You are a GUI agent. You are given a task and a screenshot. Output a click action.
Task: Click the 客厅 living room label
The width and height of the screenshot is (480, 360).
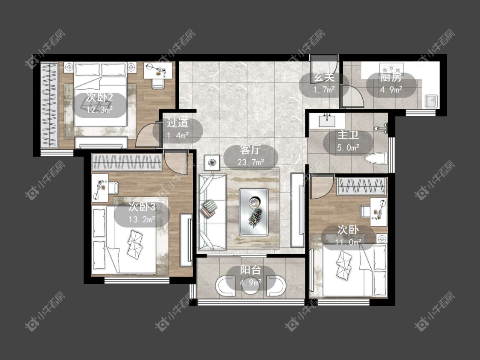(250, 150)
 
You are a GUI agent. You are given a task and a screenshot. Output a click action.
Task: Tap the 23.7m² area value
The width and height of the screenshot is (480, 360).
(251, 162)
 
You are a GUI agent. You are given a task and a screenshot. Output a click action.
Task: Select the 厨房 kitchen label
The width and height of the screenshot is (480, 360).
(391, 78)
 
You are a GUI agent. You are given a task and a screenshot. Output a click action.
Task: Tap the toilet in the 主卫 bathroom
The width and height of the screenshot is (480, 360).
(376, 159)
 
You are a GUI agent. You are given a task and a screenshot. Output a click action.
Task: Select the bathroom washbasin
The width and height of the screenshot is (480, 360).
(327, 120)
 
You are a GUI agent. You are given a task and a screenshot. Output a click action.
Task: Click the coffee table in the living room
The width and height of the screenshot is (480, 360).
(254, 212)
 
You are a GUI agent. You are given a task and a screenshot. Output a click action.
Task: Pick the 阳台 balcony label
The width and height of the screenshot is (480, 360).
(250, 270)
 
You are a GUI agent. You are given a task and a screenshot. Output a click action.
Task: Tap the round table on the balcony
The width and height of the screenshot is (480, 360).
(251, 286)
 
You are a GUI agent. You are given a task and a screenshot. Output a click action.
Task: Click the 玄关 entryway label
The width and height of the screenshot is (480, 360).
(324, 78)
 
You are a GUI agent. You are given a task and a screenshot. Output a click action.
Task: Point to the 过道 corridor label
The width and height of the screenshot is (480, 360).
(177, 123)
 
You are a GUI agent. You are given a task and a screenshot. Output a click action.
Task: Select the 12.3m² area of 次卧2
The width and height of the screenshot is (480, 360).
(99, 110)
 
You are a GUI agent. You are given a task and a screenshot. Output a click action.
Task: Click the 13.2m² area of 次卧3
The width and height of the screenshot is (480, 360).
(141, 220)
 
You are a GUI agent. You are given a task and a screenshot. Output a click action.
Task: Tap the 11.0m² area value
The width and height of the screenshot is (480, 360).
(348, 243)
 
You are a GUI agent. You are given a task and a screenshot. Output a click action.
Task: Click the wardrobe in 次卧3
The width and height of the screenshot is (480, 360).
(127, 162)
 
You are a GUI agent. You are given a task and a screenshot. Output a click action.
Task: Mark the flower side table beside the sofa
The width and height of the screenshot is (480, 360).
(212, 162)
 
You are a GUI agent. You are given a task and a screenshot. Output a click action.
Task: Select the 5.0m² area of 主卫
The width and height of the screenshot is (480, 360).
(348, 148)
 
